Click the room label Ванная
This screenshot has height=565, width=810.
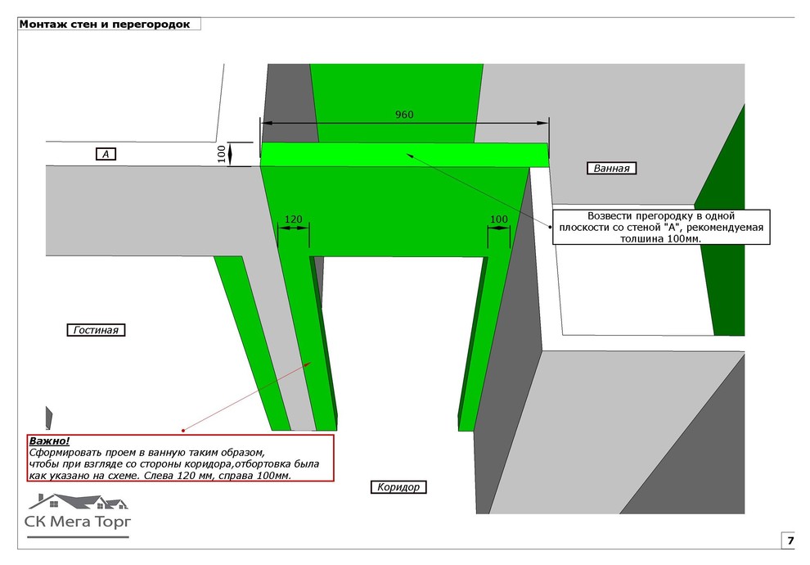pyautogui.click(x=611, y=168)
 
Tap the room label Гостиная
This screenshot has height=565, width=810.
pyautogui.click(x=96, y=330)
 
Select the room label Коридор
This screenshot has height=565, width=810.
pyautogui.click(x=398, y=487)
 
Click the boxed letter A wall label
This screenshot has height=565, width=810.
pyautogui.click(x=106, y=153)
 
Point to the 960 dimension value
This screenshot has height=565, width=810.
pyautogui.click(x=404, y=115)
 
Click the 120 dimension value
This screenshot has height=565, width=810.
pyautogui.click(x=294, y=219)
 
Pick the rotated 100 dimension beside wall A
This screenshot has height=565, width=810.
pyautogui.click(x=222, y=154)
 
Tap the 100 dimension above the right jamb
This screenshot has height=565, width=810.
pyautogui.click(x=498, y=219)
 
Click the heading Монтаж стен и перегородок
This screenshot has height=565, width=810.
pyautogui.click(x=105, y=24)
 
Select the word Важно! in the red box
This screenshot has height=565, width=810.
pyautogui.click(x=49, y=441)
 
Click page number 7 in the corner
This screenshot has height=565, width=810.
pyautogui.click(x=790, y=540)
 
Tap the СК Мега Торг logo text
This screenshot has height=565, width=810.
pyautogui.click(x=78, y=522)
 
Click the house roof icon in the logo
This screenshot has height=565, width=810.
pyautogui.click(x=78, y=501)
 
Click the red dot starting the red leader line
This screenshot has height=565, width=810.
pyautogui.click(x=183, y=430)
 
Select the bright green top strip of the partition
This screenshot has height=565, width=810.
pyautogui.click(x=404, y=155)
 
